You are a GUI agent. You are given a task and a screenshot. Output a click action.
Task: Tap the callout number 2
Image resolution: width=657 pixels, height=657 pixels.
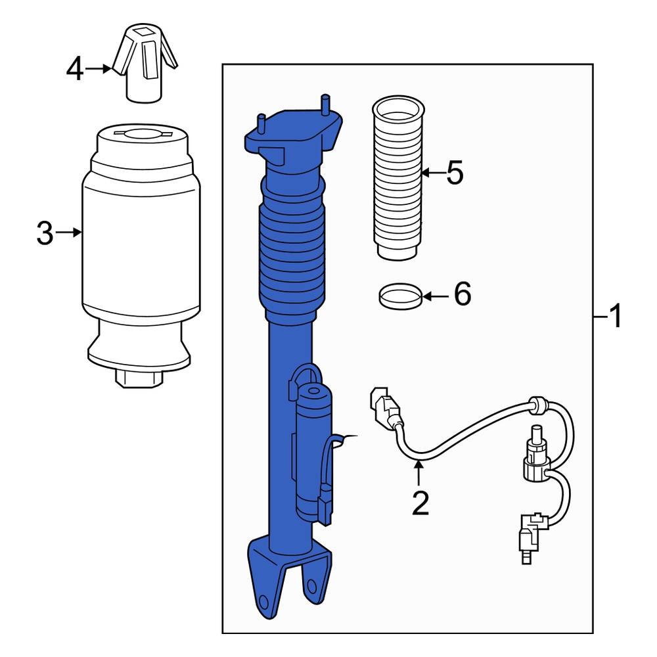(x=420, y=502)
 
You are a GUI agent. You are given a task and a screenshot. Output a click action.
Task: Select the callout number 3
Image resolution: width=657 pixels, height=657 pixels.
(x=44, y=233)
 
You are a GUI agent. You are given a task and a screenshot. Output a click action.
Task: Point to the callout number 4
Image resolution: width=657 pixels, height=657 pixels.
(x=76, y=68)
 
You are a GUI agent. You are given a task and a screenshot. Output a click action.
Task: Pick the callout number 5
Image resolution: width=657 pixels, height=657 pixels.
(x=454, y=173)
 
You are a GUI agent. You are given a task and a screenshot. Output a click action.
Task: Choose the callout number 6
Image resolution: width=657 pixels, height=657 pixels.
(x=462, y=296)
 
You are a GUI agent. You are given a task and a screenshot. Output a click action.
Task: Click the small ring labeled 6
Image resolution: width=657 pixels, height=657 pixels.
(x=400, y=296)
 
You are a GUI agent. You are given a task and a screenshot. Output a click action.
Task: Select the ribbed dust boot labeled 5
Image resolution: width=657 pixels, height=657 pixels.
(x=396, y=177)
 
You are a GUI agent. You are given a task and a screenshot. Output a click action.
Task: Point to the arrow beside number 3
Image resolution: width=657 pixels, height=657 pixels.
(x=68, y=232)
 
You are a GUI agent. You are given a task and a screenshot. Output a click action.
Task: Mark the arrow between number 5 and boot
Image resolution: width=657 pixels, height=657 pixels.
(x=431, y=173)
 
